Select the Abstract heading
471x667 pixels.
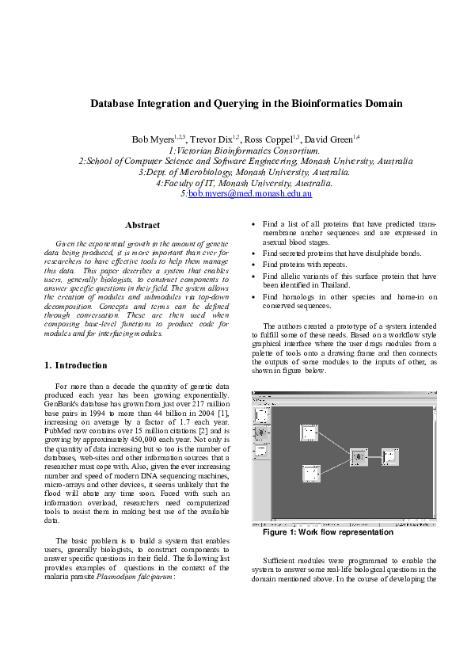point(142,226)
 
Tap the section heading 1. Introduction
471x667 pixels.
point(76,365)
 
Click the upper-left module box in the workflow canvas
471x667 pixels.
point(308,432)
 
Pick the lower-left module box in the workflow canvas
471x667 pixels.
point(310,474)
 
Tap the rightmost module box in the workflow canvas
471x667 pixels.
point(389,456)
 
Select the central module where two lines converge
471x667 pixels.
point(359,457)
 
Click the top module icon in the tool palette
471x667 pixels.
point(260,415)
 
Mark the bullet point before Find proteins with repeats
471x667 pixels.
point(253,264)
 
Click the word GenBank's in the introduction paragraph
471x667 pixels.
point(63,403)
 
